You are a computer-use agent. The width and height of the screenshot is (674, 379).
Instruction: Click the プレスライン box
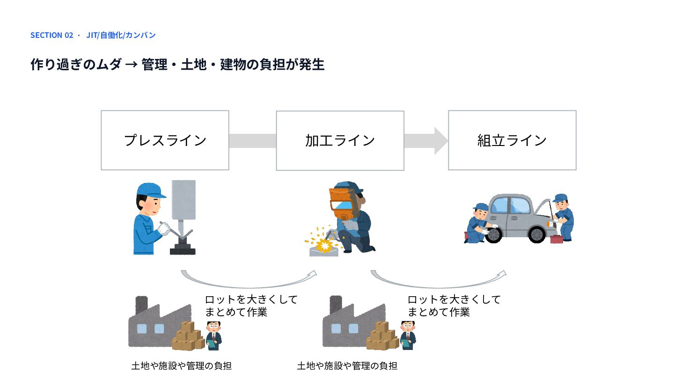pos(165,140)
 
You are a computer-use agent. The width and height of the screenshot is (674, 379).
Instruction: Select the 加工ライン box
pos(340,140)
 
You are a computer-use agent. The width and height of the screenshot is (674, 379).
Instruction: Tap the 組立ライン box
pos(512,140)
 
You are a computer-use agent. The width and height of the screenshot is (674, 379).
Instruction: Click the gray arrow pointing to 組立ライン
pos(426,141)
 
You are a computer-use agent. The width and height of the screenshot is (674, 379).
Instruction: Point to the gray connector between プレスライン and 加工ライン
pos(252,141)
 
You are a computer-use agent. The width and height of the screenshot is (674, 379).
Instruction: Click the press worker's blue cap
pos(150,190)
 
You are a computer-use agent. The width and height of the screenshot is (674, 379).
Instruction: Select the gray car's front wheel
pos(537,234)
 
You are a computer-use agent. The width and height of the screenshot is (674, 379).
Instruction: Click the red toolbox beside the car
pos(557,239)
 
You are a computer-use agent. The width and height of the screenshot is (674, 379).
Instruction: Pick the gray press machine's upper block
pos(183,200)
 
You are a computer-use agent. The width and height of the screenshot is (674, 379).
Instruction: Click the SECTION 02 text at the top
pos(52,35)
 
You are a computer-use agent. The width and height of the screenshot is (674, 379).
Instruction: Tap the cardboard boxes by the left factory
pos(188,336)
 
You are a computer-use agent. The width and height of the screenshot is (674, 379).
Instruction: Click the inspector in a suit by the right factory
pos(408,335)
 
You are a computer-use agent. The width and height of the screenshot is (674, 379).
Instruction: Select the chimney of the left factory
pos(141,305)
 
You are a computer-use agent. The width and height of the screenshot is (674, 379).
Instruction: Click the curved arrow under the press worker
pos(248,286)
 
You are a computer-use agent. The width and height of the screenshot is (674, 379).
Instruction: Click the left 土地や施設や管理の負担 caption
pos(182,366)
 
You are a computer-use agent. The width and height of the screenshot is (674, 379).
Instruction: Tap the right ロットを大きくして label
pos(454,299)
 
